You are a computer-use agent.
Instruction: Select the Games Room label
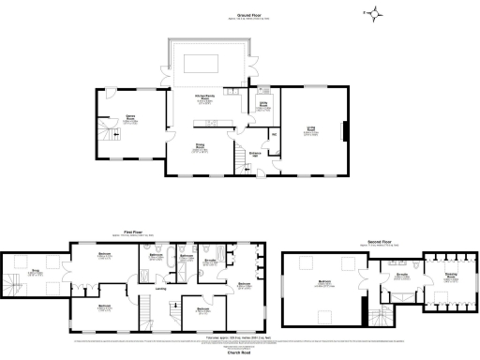tap(130, 119)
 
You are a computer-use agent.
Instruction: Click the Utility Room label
tap(264, 106)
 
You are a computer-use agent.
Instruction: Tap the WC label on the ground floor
tap(275, 137)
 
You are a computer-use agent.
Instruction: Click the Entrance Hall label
tap(254, 154)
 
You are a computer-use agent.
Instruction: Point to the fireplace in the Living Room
tap(344, 131)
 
